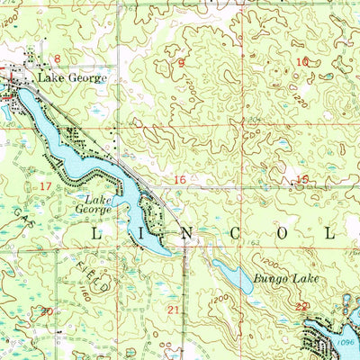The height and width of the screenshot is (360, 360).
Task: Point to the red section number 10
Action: pyautogui.click(x=302, y=62)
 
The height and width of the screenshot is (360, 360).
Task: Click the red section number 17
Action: pyautogui.click(x=46, y=184)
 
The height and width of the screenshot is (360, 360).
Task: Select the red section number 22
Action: pyautogui.click(x=302, y=307)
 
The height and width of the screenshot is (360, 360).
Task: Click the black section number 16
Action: pyautogui.click(x=180, y=181)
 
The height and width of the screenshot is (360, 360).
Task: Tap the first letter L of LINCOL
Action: pyautogui.click(x=97, y=232)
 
